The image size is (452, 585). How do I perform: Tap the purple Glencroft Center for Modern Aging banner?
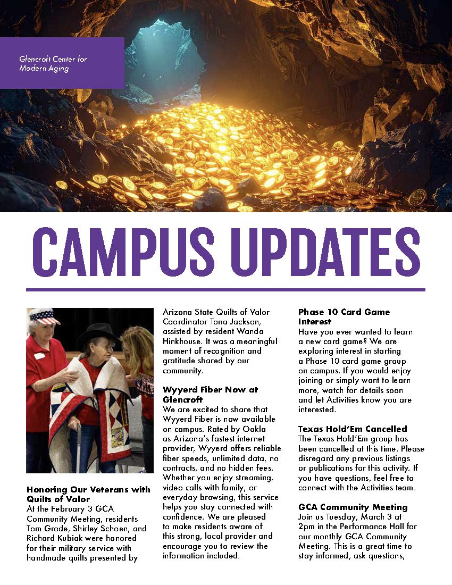(62, 63)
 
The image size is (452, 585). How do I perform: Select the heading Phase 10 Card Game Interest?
(344, 316)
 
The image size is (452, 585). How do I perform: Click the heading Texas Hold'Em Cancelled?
(352, 429)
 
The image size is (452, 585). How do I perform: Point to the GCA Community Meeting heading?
(353, 507)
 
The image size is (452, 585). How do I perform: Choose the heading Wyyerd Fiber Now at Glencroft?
(210, 394)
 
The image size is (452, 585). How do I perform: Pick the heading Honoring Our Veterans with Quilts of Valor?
(88, 494)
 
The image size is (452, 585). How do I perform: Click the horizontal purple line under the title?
(225, 290)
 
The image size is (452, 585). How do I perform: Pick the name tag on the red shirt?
(39, 355)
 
